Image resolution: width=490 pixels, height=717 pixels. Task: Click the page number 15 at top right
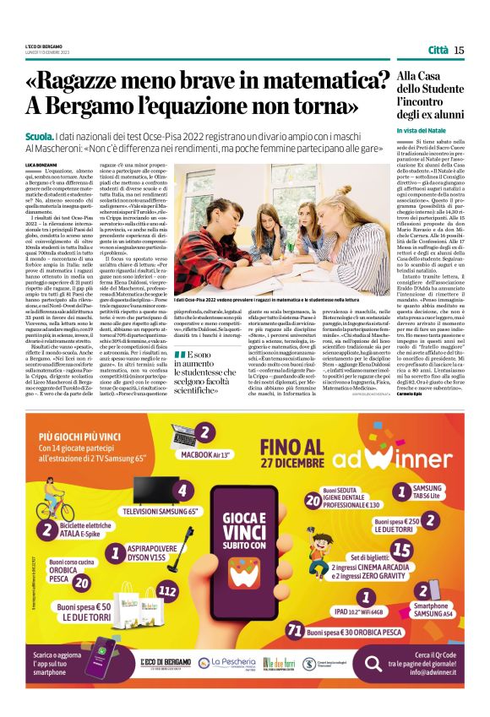click(459, 50)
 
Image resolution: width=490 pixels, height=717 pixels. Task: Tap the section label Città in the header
click(438, 50)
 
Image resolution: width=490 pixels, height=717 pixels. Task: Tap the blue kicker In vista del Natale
click(421, 130)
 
